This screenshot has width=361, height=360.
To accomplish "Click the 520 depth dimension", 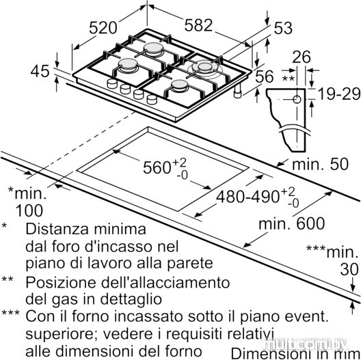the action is point(103,28).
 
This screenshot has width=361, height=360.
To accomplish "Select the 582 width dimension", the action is point(198,25).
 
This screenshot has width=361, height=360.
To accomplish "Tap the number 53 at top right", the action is point(283,28).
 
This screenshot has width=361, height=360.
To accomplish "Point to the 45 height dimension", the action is point(40,71).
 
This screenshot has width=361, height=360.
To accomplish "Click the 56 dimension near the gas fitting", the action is point(265,76).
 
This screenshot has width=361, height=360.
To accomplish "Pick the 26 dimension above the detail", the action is point(302,57).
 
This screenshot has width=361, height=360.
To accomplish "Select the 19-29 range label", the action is point(339,94).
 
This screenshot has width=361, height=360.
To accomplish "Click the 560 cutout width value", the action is point(157,167).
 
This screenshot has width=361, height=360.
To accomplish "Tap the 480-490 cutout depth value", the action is point(248,197).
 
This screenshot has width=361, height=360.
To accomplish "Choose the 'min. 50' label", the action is point(320,165).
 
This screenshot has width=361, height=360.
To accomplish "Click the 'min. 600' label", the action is point(292,223).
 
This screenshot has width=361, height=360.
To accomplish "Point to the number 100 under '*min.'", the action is point(29,210).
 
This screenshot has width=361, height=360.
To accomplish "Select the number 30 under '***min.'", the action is point(349,269).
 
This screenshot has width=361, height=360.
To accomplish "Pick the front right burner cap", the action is point(179,85).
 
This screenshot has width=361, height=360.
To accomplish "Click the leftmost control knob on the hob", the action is point(112,83).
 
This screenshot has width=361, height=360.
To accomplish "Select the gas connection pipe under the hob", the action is point(238,91).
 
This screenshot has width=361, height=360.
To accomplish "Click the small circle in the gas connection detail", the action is point(297,100).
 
